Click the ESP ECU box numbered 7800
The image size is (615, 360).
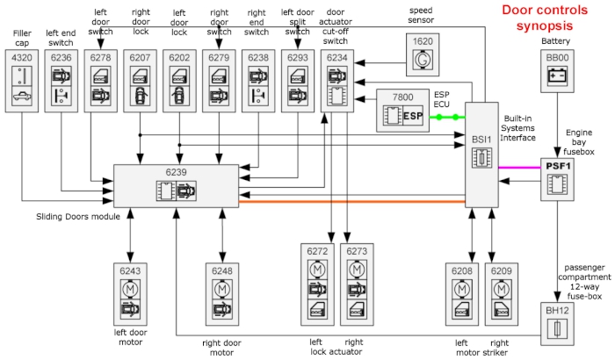(406, 111)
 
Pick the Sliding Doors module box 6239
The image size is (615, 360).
(176, 186)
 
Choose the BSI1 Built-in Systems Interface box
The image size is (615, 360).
(480, 155)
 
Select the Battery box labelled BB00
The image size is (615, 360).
(555, 69)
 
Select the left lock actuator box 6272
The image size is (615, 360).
(317, 282)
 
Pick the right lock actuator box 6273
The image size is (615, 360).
(355, 282)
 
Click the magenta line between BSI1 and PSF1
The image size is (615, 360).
(517, 166)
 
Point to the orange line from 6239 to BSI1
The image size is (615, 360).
(351, 202)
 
